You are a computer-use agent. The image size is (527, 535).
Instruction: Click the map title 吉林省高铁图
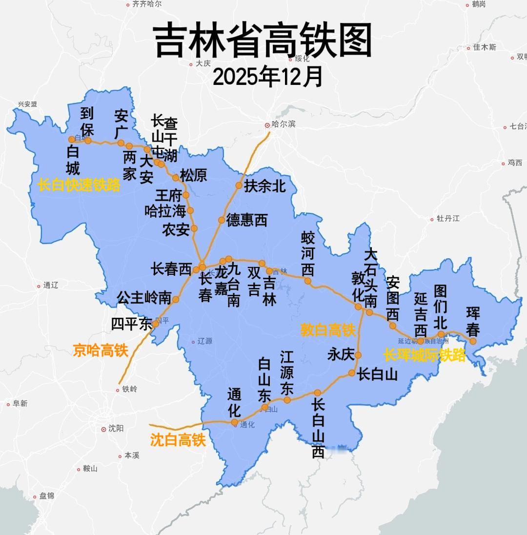[x=263, y=41]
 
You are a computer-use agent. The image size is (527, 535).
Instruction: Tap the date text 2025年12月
[x=268, y=77]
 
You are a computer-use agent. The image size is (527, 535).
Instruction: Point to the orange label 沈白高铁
[x=178, y=440]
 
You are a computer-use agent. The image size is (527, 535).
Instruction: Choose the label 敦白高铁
[x=327, y=330]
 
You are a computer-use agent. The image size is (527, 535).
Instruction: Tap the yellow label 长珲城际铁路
[x=425, y=355]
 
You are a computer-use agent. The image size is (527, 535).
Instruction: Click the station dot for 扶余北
[x=239, y=185]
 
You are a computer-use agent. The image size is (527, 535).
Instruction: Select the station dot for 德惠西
[x=222, y=220]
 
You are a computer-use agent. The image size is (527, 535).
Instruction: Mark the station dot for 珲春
[x=472, y=341]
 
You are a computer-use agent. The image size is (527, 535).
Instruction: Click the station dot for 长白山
[x=352, y=373]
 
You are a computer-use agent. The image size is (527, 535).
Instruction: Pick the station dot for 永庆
[x=358, y=355]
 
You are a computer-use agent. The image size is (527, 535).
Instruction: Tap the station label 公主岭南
[x=144, y=297]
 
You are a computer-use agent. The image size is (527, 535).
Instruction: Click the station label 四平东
[x=132, y=324]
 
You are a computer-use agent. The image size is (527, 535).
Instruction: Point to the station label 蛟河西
[x=308, y=254]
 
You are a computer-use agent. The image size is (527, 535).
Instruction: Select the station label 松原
[x=194, y=175]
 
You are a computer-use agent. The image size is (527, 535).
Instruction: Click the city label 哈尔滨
[x=284, y=124]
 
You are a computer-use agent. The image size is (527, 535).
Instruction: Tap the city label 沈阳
[x=116, y=428]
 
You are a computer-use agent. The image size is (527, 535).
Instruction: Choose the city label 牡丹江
[x=448, y=218]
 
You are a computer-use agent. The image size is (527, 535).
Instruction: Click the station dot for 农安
[x=194, y=228]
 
